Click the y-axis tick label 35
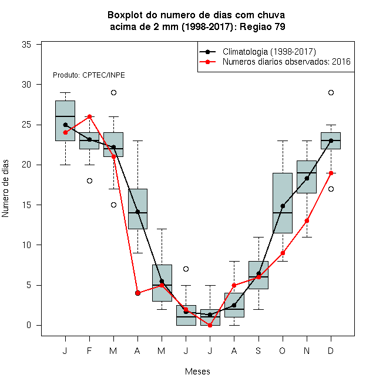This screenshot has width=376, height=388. [x=26, y=45]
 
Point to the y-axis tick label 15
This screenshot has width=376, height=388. [x=26, y=205]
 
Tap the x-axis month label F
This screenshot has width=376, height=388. [x=89, y=350]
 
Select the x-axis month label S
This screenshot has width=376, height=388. [x=258, y=350]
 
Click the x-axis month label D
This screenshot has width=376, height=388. [x=331, y=350]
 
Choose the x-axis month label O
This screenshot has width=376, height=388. [x=282, y=350]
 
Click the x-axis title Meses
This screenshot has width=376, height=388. [x=197, y=372]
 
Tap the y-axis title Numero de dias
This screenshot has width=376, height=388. [x=5, y=189]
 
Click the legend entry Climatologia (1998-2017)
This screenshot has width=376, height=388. [x=269, y=52]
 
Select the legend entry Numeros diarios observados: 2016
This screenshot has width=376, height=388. [x=287, y=62]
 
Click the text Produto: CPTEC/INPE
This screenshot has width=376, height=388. [x=89, y=75]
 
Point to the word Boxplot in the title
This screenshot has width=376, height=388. [x=125, y=15]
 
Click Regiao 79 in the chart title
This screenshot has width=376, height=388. [x=263, y=26]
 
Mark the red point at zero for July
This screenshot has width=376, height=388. [x=210, y=326]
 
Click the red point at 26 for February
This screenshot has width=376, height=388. [x=89, y=116]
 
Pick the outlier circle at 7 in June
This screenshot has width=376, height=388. [x=186, y=269]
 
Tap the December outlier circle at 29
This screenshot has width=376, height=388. [x=331, y=92]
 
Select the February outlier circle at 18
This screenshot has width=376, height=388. [x=89, y=181]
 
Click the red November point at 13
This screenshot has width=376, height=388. [x=307, y=220]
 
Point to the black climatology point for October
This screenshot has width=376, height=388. [x=283, y=206]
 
